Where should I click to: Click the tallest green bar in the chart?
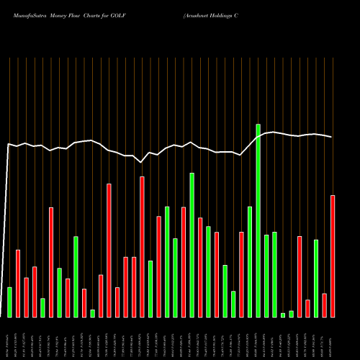tap(258, 220)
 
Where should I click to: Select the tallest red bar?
tap(142, 246)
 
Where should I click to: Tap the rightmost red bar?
tap(333, 256)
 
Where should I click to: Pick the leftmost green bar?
tap(9, 302)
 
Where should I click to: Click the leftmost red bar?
tap(18, 283)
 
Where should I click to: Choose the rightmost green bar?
tap(316, 278)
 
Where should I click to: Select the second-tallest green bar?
tap(192, 245)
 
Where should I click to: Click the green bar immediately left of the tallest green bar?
tap(250, 261)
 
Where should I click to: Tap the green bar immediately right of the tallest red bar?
tap(150, 288)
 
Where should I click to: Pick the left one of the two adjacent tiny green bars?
tap(283, 315)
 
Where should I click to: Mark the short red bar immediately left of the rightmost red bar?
tap(325, 305)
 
